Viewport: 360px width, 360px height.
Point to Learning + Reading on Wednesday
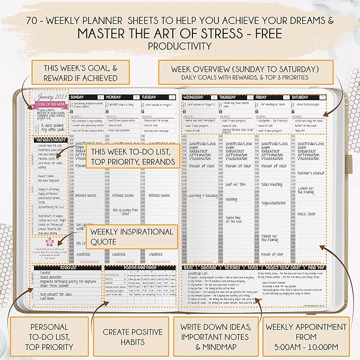[202, 196]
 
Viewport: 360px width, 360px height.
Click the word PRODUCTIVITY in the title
[180, 46]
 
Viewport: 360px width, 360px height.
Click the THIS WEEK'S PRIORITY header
[51, 141]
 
